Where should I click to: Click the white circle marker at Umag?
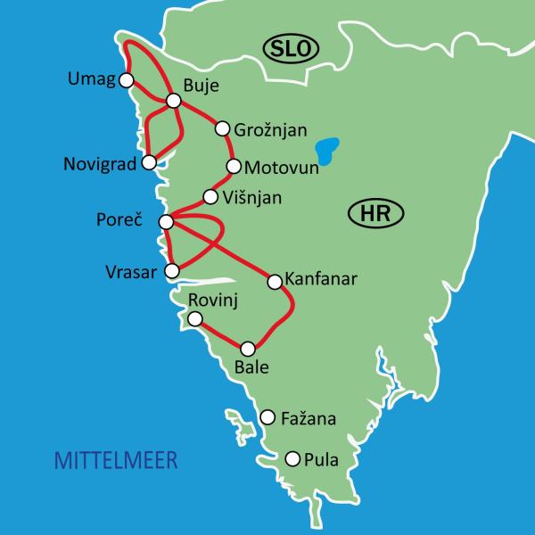[127, 80]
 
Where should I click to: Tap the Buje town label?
[200, 86]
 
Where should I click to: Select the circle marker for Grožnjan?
[223, 128]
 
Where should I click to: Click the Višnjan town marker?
[210, 197]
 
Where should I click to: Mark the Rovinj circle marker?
[195, 318]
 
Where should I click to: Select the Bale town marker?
[249, 349]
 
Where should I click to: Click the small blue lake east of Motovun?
[329, 150]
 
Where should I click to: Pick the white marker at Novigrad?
[150, 162]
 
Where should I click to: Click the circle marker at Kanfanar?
[274, 280]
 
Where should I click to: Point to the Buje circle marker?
[174, 101]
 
